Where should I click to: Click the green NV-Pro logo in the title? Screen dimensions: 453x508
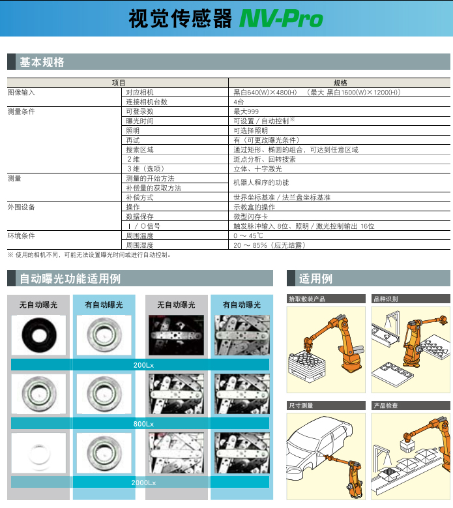coord(281,18)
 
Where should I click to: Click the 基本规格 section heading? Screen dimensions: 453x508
coord(42,62)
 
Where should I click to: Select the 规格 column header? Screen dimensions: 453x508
coord(340,83)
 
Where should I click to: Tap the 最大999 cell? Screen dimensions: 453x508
coord(246,112)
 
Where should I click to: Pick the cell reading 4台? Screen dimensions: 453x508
coord(239,102)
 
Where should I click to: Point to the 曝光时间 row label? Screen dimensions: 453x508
coord(139,121)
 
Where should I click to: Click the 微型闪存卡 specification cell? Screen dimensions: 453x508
coord(251,217)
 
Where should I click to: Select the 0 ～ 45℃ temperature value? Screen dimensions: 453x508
coord(248,235)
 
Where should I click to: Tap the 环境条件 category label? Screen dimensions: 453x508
coord(22,235)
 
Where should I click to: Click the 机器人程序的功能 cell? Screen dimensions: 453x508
coord(261,183)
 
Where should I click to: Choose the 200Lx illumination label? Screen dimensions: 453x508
coord(143,365)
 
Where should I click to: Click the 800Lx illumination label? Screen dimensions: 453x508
coord(143,424)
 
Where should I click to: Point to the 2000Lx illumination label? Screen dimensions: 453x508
coord(143,483)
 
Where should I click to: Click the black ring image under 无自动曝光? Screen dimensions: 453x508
coord(39,335)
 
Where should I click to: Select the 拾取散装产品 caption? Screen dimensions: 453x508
coord(307,299)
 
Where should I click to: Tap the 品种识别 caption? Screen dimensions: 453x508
coord(386,299)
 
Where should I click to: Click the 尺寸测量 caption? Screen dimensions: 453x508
coord(301,406)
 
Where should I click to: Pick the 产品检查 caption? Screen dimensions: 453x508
coord(386,406)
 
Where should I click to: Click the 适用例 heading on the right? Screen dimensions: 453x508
coord(315,278)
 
